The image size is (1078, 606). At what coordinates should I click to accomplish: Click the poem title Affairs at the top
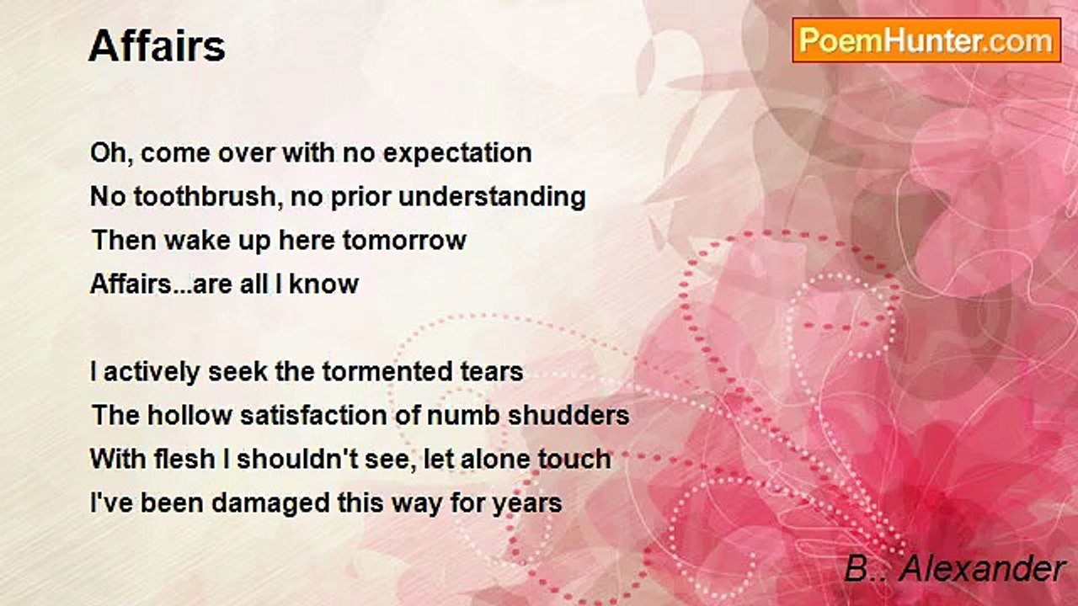click(x=157, y=46)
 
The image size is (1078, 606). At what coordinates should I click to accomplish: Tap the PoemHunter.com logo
click(x=926, y=40)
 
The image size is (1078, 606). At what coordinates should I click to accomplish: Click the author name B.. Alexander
click(x=955, y=569)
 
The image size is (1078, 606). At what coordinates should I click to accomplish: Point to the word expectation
click(x=457, y=153)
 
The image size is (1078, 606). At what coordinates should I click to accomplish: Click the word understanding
click(x=493, y=197)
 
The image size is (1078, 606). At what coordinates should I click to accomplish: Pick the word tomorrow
click(x=404, y=240)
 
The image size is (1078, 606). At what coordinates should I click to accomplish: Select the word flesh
click(x=184, y=459)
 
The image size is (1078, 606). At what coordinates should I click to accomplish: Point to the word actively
click(x=152, y=373)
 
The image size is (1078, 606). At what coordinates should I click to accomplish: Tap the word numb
click(x=463, y=415)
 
